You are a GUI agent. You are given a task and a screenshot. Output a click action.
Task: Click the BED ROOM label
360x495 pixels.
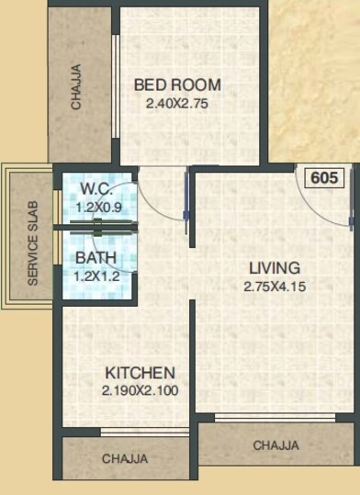tap(177, 85)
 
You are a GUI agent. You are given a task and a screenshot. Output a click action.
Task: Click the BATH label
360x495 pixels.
tap(95, 258)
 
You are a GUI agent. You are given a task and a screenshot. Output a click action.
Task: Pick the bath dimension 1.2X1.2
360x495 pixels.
tap(95, 275)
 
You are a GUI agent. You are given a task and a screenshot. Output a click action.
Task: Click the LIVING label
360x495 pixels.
tap(275, 268)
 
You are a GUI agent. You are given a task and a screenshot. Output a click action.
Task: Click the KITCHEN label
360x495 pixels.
tap(140, 374)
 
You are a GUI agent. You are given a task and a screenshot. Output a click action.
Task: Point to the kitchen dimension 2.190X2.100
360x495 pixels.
tap(140, 390)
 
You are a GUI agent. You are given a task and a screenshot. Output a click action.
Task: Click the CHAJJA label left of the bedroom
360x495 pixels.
tap(77, 85)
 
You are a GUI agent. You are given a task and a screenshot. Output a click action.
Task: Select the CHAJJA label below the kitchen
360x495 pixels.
tap(126, 457)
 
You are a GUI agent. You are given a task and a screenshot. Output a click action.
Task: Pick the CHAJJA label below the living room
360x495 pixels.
tap(276, 445)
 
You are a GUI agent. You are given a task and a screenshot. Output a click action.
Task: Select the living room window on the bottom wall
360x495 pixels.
tap(276, 418)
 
